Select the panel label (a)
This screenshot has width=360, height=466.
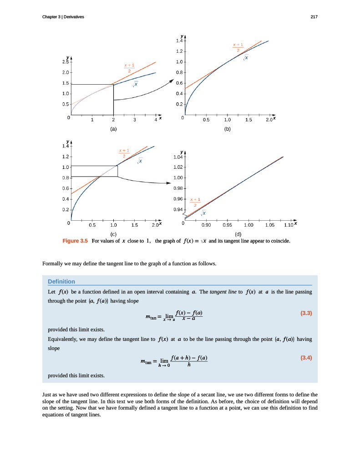[x=113, y=129]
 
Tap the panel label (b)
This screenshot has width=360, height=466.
[x=227, y=129]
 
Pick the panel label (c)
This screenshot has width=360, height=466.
[x=113, y=234]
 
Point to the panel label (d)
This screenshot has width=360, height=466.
[x=238, y=234]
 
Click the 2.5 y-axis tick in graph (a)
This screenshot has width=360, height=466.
[x=65, y=61]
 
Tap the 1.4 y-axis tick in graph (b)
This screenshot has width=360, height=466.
[x=179, y=41]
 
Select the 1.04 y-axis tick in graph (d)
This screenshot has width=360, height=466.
[x=177, y=157]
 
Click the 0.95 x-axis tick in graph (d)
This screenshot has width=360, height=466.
[x=227, y=225]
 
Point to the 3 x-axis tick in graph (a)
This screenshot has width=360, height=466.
[x=135, y=120]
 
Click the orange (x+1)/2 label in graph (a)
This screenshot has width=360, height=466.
[x=129, y=68]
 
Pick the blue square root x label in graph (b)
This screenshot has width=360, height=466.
[x=246, y=58]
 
